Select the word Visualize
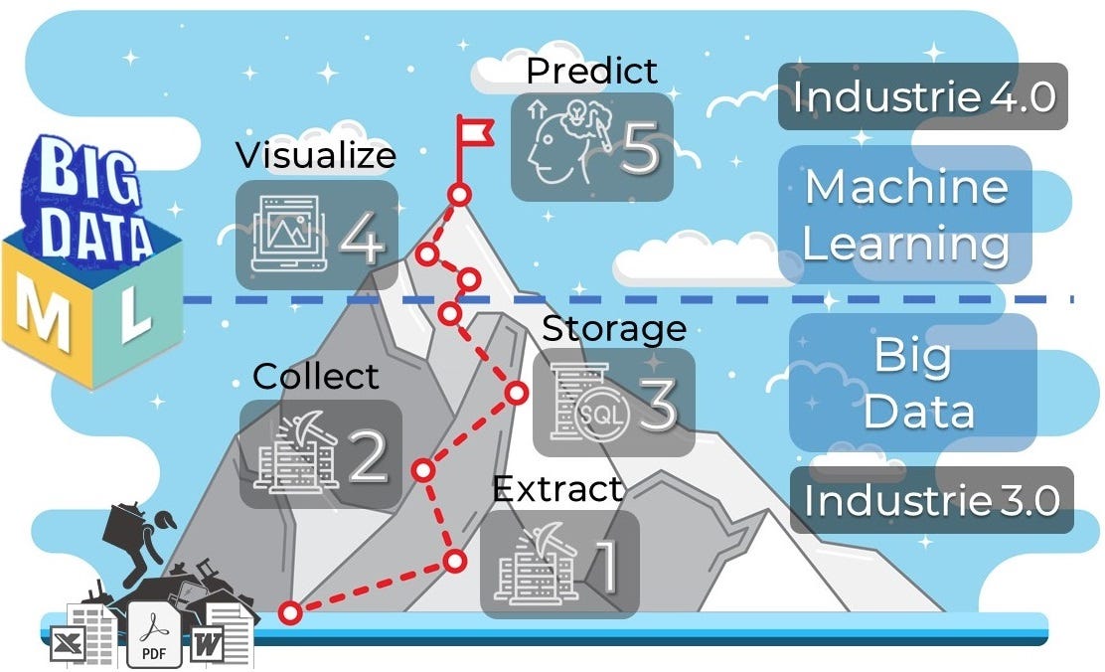coord(315,156)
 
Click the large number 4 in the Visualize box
coord(362,239)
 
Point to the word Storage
coord(614,328)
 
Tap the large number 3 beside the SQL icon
coord(658,402)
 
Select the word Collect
coord(315,376)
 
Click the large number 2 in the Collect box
coord(367,456)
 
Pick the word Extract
coord(557,489)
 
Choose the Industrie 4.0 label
coord(922,97)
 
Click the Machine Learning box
coord(904,215)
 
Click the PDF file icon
coord(153,636)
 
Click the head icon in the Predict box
coord(559,142)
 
